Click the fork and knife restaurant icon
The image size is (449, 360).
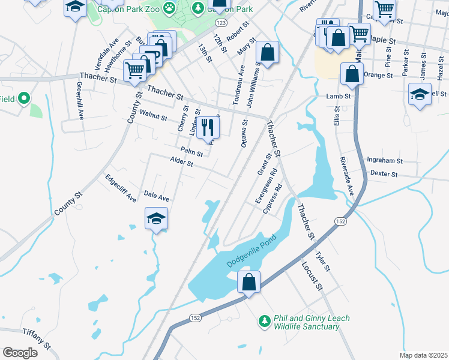point(208,127)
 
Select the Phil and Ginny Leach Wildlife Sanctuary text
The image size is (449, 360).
point(311,322)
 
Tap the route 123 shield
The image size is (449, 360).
point(221,22)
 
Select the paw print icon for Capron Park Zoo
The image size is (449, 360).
point(170,8)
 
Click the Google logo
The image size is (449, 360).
point(20,352)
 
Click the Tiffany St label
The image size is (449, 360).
point(37,338)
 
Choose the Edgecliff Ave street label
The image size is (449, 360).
point(121,188)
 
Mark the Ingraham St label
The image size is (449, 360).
point(384,161)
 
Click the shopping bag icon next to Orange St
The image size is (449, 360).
point(352,75)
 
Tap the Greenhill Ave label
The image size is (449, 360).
point(79,98)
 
